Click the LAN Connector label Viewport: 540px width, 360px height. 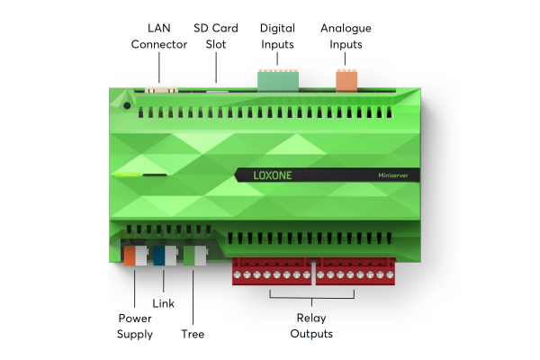pos(159,36)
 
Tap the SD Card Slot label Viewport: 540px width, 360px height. pos(216,36)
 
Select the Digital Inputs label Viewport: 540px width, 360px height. pos(276,36)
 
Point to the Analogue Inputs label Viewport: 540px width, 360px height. pos(346,36)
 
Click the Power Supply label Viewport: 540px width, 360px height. pos(135,326)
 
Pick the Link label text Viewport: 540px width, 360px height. pos(163,303)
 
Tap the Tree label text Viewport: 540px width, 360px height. pos(193,334)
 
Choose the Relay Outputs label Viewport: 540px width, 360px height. pos(311,326)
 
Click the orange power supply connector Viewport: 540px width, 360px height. pos(131,256)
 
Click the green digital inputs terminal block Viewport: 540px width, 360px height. pos(276,79)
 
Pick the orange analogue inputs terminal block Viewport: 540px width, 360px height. pos(346,79)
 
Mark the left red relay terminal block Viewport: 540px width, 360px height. pos(271,269)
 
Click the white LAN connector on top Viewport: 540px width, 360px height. pos(162,88)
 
